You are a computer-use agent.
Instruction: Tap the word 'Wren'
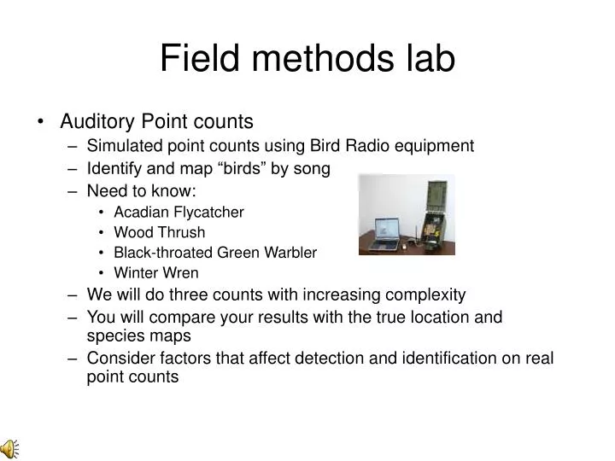pyautogui.click(x=183, y=273)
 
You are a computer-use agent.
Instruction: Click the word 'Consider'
pyautogui.click(x=119, y=358)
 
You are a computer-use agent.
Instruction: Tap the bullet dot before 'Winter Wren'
pyautogui.click(x=102, y=274)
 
